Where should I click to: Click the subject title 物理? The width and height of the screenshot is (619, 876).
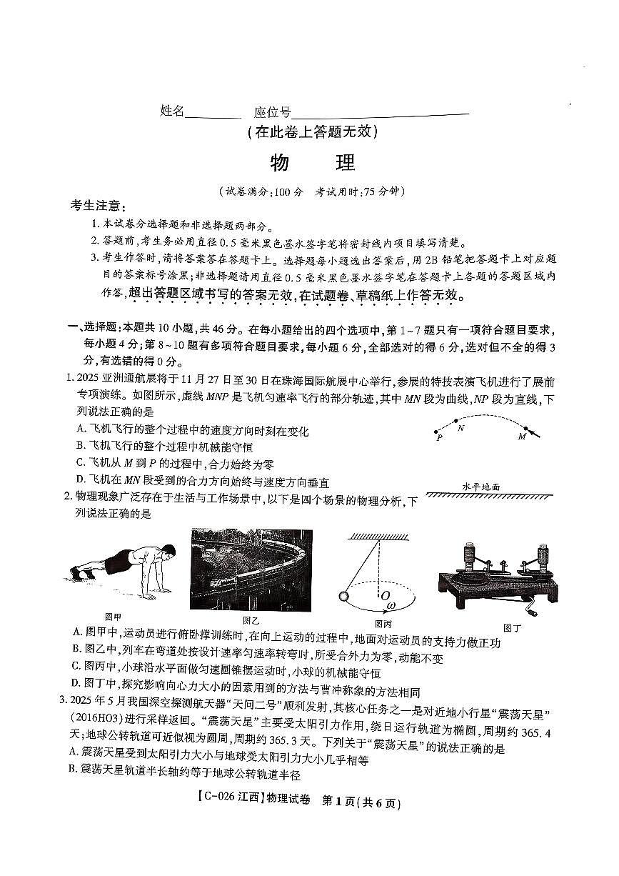[313, 163]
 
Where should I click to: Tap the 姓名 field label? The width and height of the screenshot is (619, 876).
[172, 111]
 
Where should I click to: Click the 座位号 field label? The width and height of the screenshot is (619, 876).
[272, 111]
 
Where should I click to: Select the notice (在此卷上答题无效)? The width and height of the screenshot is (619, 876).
[311, 132]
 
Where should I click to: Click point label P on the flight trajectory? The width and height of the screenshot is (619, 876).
[439, 439]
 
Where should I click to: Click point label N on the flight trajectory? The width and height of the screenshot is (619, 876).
[461, 428]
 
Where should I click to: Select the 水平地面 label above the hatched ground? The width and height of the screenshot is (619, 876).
[480, 487]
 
